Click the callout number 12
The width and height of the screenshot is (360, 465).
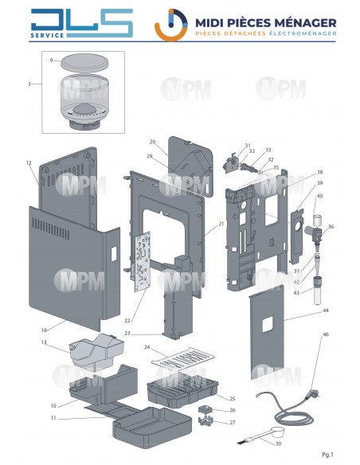28,163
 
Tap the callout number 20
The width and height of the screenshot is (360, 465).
152,142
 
